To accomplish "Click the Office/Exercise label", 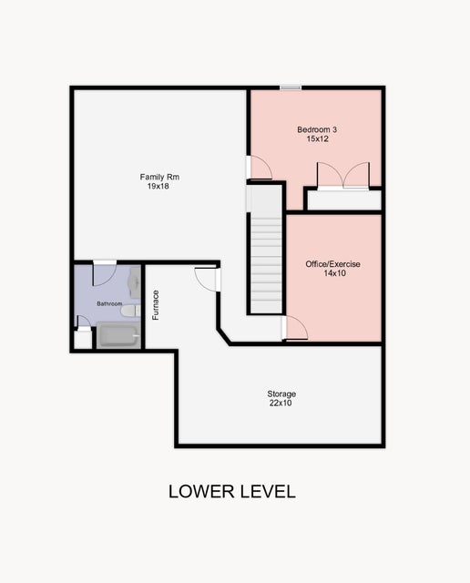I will coord(332,264).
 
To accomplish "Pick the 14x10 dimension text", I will coord(332,273).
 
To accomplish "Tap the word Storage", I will coord(281,394).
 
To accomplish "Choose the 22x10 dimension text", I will coord(281,403).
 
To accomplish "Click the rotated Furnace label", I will coord(156,304).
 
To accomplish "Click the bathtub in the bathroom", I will coord(117,336).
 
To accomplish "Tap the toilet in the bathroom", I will coord(129,310).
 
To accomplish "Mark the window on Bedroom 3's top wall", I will coord(291,87).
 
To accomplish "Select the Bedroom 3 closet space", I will coord(342,199).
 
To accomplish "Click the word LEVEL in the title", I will coord(266,492).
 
